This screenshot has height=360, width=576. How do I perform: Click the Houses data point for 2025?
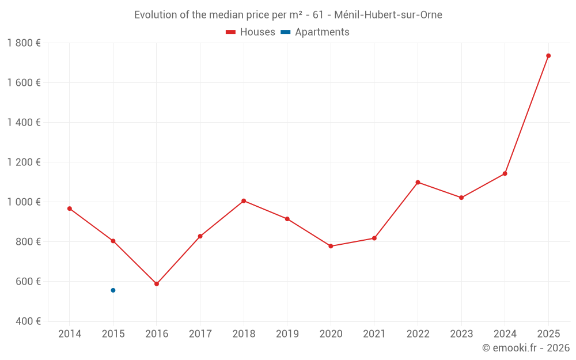click(548, 56)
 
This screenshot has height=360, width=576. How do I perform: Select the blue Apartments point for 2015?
click(113, 290)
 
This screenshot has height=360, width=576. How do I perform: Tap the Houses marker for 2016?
click(157, 284)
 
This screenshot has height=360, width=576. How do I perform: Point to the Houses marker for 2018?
click(244, 201)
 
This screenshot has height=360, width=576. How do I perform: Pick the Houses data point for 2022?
click(418, 183)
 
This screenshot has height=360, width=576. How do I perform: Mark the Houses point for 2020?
click(331, 247)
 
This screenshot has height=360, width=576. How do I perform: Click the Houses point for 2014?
click(70, 209)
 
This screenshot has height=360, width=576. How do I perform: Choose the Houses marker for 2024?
click(505, 174)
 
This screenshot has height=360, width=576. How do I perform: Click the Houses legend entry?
click(251, 32)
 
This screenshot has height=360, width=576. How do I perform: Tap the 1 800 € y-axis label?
click(24, 43)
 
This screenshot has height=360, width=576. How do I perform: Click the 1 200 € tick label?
click(24, 162)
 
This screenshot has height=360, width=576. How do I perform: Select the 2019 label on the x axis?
click(287, 334)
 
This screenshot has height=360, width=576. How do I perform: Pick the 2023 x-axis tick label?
click(461, 334)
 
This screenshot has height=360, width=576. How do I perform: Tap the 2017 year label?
click(200, 334)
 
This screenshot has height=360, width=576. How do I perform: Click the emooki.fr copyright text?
click(526, 348)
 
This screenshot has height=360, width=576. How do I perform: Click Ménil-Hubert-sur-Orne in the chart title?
click(388, 15)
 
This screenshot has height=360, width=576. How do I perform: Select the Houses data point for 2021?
click(374, 238)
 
